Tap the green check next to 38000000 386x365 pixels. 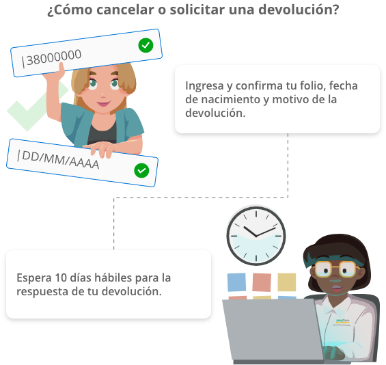[x=146, y=45]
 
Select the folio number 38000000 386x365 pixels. [x=54, y=57]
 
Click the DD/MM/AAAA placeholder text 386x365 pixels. [x=61, y=159]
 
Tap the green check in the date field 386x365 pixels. [x=141, y=170]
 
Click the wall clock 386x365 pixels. [x=256, y=236]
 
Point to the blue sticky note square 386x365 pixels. [x=236, y=282]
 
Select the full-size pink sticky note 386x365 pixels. [x=262, y=282]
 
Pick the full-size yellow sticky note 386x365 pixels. [x=287, y=282]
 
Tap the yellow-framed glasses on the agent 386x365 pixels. [x=335, y=269]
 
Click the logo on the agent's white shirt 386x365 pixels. [x=343, y=321]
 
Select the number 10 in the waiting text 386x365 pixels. [x=61, y=278]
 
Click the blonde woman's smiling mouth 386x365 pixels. [x=104, y=103]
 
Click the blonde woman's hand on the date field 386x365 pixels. [x=101, y=148]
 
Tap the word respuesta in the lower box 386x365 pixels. [x=42, y=292]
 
